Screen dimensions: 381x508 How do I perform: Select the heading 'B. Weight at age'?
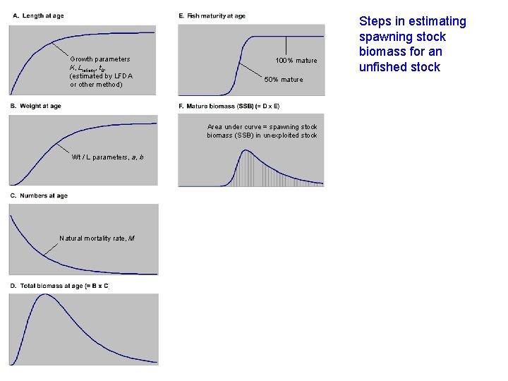[x=35, y=106]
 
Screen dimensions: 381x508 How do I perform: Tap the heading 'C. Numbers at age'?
[x=38, y=195]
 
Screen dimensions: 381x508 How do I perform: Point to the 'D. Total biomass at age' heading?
[x=59, y=285]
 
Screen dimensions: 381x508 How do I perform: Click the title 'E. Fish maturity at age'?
[x=212, y=16]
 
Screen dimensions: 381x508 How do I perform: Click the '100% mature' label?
[x=296, y=61]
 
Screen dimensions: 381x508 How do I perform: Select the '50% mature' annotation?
[x=284, y=80]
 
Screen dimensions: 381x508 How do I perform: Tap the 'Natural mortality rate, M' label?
[x=97, y=238]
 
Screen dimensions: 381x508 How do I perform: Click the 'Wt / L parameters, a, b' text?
[x=107, y=157]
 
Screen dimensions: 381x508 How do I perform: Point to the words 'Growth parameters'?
[x=99, y=59]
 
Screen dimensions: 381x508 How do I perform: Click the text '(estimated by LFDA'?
[x=101, y=76]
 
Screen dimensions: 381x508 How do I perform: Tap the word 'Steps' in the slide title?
[x=375, y=21]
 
